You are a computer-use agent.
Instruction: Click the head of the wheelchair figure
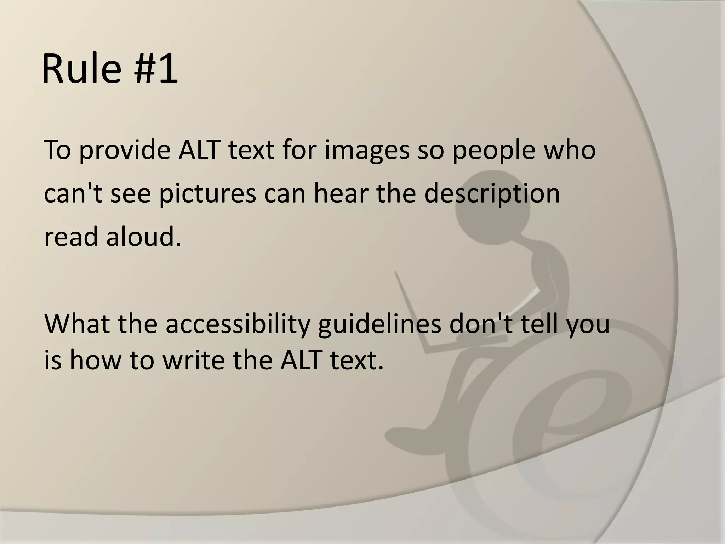(492, 209)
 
